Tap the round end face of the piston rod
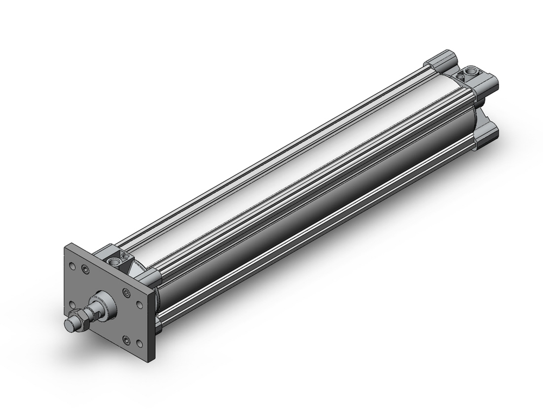(69, 325)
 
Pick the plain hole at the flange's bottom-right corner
(140, 344)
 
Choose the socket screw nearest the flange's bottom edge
(127, 340)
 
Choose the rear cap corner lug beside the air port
(486, 84)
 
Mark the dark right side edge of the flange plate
(151, 326)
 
